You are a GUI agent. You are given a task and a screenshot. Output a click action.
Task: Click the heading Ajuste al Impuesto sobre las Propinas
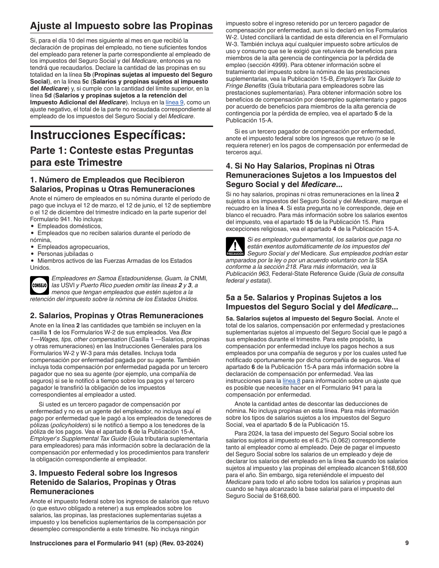click(x=121, y=26)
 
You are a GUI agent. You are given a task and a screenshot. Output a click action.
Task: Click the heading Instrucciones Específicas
click(x=108, y=135)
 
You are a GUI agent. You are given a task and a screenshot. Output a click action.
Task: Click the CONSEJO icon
click(x=39, y=285)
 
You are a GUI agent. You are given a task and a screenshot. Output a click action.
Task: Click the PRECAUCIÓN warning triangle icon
click(x=235, y=247)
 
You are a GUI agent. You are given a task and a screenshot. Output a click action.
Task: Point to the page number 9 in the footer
click(x=407, y=543)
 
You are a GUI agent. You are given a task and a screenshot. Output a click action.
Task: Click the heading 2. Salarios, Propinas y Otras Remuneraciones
click(x=116, y=316)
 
